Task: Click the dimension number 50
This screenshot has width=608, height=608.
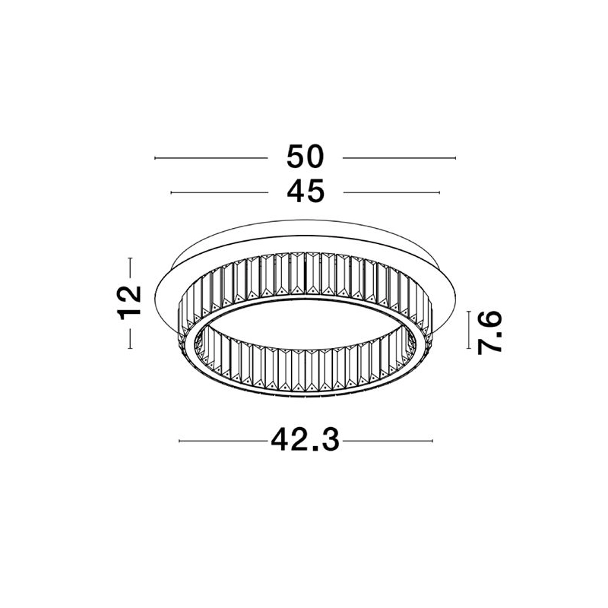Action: point(305,157)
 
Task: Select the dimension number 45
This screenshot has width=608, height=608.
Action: point(306,192)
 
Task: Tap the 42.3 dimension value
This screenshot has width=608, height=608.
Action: point(306,440)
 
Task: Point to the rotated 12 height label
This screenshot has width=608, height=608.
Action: point(129,302)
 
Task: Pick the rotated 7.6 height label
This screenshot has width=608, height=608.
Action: point(489,333)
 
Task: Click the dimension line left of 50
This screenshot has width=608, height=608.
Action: point(211,158)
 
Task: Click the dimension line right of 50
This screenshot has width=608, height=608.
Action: point(400,158)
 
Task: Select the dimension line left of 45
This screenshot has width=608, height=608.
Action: point(220,192)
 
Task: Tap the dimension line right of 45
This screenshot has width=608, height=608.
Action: point(391,192)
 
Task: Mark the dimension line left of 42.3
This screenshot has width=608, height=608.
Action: point(223,441)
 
